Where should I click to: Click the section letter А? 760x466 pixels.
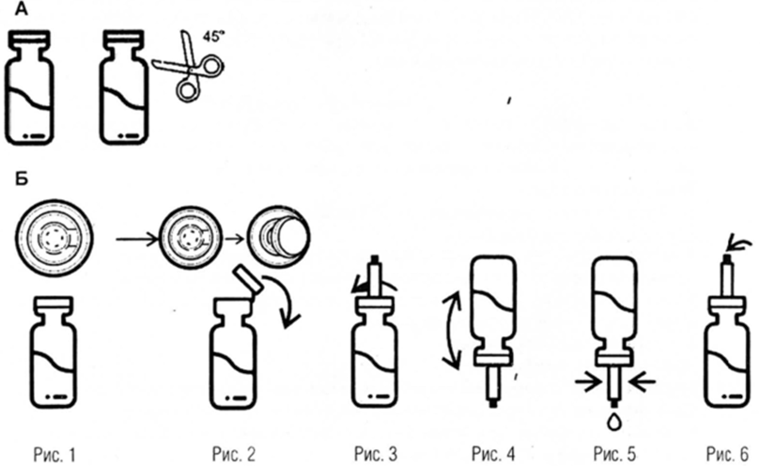(9, 10)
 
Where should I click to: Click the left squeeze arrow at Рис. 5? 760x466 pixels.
(589, 381)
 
